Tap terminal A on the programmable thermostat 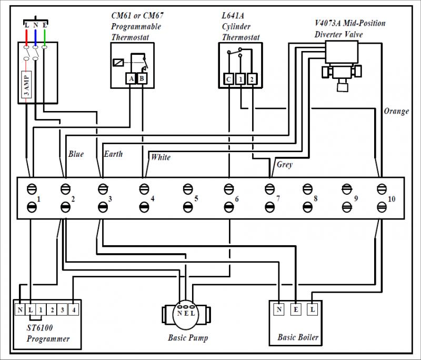131,79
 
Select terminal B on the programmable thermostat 142,79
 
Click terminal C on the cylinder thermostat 229,79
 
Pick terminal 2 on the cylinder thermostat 252,79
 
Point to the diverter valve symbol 342,63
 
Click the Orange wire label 396,111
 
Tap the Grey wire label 284,165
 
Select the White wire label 161,157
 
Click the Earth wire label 113,154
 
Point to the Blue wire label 76,154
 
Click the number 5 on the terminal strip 196,199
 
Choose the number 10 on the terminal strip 392,199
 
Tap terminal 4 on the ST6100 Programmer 74,311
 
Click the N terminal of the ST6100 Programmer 19,311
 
